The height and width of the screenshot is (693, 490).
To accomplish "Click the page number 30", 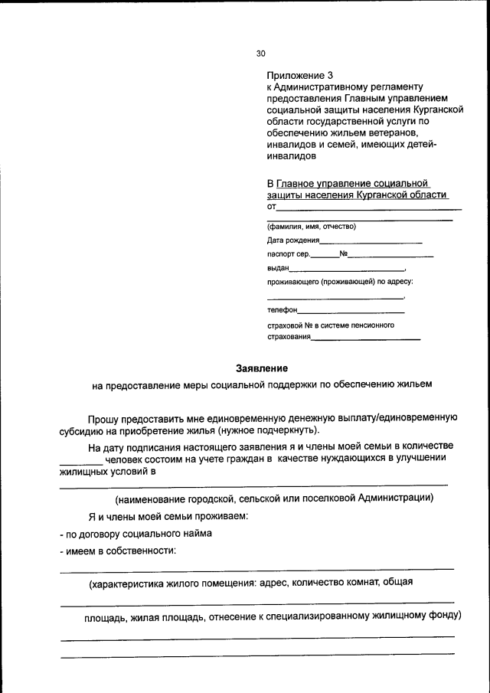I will (260, 54).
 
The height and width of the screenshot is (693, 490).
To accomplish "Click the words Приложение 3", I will (300, 75).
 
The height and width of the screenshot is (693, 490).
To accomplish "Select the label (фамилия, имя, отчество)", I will (311, 226).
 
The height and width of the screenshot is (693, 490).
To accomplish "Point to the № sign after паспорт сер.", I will (344, 254).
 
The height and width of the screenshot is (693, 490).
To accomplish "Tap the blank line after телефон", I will (351, 311).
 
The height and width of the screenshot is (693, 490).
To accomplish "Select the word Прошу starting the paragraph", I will (104, 418).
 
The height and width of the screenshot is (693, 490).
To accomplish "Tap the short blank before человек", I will (80, 460).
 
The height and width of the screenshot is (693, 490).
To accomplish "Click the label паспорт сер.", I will (289, 254).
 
